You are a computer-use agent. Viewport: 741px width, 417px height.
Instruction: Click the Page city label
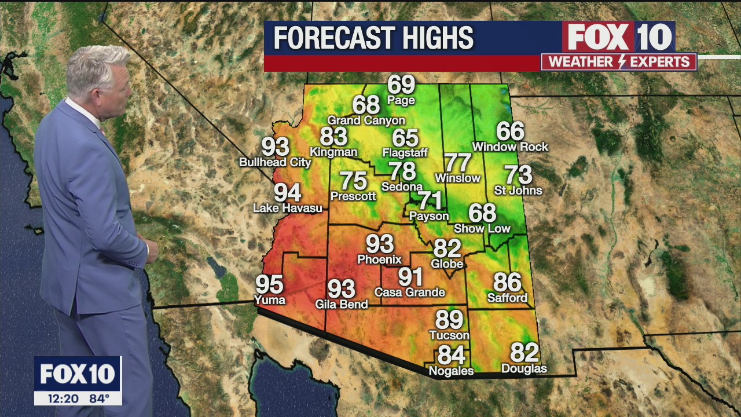[x=401, y=101]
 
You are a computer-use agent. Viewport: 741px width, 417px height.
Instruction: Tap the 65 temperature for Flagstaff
[x=405, y=138]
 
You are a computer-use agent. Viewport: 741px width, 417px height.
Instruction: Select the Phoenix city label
[x=379, y=259]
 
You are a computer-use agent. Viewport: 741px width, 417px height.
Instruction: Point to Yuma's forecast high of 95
[x=269, y=285]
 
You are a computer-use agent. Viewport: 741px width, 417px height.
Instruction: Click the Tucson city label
[x=449, y=335]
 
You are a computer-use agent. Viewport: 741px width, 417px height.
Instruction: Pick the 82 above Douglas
[x=524, y=353]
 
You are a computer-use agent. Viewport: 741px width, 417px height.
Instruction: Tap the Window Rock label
[x=510, y=147]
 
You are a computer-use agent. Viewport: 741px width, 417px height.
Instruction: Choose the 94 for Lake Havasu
[x=287, y=192]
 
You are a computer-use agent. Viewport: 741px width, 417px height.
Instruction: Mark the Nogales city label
[x=450, y=371]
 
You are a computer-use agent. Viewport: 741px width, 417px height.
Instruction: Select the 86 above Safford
[x=507, y=283]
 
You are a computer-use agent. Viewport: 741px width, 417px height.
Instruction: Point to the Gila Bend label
[x=341, y=304]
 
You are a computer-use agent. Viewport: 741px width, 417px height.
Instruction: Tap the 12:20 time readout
[x=57, y=398]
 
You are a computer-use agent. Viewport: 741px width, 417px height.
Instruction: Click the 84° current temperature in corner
[x=100, y=398]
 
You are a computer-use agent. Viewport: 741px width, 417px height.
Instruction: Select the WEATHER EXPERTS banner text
[x=619, y=62]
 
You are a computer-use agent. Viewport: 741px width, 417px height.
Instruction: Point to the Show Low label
[x=482, y=229]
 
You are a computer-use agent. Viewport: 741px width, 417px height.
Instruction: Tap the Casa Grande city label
[x=410, y=292]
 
